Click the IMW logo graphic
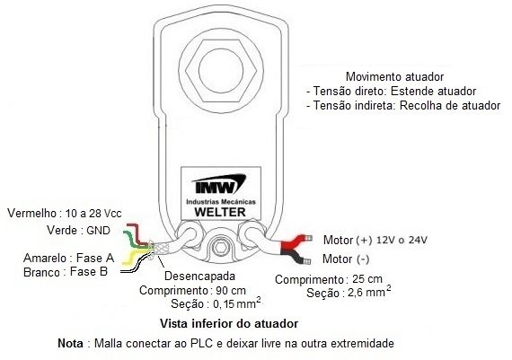tap(219, 184)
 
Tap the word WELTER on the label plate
tap(220, 212)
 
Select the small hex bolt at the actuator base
tap(220, 248)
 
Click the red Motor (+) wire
tap(294, 242)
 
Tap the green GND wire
tap(135, 241)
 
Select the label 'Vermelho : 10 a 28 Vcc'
tap(65, 214)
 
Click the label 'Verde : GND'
tap(78, 231)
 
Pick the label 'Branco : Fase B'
tap(66, 272)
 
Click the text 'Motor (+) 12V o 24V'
tap(375, 241)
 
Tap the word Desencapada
tap(199, 277)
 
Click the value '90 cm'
tap(231, 290)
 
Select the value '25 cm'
tap(367, 279)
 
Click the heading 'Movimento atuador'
tap(394, 76)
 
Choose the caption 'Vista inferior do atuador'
tap(229, 324)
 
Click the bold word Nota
tap(70, 343)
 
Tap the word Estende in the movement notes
tap(412, 91)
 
